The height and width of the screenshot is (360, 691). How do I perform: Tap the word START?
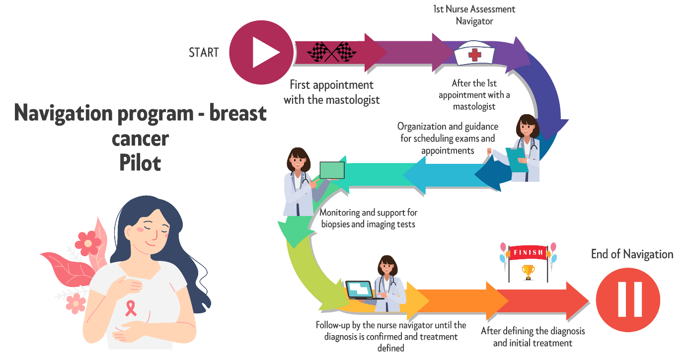click(x=204, y=53)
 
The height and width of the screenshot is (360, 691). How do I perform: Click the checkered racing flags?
click(x=331, y=52)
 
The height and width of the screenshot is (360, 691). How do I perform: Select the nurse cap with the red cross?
click(x=475, y=53)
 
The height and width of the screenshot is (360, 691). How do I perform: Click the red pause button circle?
click(x=628, y=299)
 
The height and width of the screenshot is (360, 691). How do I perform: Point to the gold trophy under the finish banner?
click(x=528, y=271)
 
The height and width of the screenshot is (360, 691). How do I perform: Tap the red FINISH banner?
click(x=528, y=252)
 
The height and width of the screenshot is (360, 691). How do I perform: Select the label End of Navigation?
click(x=632, y=255)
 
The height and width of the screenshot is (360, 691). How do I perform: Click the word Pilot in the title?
click(x=140, y=163)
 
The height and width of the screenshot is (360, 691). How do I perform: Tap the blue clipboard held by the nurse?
click(x=517, y=159)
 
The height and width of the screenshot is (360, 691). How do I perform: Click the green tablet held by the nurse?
click(x=332, y=170)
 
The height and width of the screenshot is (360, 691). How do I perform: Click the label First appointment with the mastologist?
click(x=332, y=92)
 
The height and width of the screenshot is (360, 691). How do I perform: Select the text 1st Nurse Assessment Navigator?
click(x=475, y=15)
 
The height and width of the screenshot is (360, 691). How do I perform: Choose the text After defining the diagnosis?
click(x=533, y=337)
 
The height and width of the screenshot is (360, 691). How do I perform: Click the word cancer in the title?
click(x=140, y=139)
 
